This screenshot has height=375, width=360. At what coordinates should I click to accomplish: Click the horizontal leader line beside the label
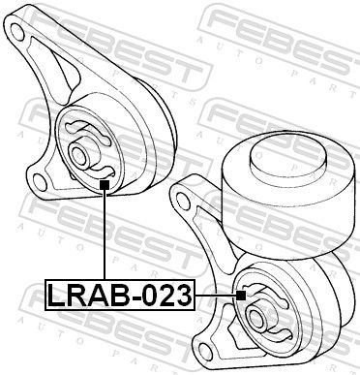tap(215, 293)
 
